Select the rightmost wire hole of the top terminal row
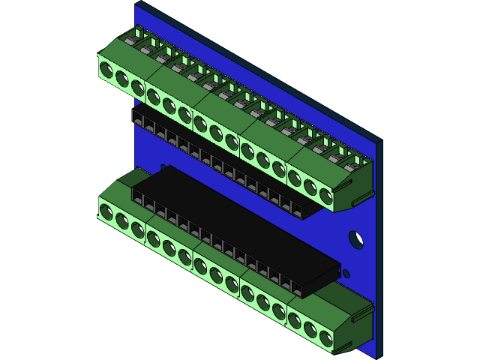click(325, 196)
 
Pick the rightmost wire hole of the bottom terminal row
click(325, 338)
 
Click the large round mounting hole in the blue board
click(357, 240)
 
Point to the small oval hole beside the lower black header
click(346, 273)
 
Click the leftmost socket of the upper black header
click(138, 118)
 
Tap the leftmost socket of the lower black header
click(138, 197)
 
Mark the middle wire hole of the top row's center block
click(216, 134)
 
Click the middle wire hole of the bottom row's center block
click(216, 273)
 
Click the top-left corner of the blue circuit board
click(136, 4)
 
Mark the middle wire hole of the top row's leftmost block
click(122, 80)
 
